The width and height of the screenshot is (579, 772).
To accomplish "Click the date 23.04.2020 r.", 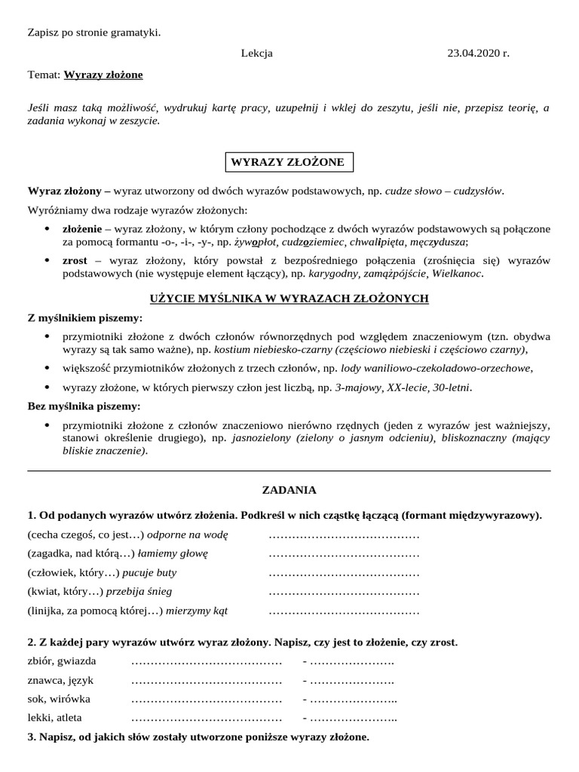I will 478,54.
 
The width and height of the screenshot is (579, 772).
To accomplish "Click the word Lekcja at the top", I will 257,54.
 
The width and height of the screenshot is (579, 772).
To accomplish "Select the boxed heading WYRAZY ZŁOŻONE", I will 287,162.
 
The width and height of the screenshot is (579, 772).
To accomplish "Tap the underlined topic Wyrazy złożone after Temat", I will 103,75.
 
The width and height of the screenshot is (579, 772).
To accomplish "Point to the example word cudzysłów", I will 478,190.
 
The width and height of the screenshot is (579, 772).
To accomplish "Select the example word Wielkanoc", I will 457,274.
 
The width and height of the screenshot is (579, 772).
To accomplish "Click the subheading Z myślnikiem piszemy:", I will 84,318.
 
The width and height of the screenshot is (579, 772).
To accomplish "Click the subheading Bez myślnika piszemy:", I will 83,406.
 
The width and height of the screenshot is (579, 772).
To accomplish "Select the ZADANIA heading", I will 289,489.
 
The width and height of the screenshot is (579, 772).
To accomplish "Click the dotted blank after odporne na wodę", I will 344,535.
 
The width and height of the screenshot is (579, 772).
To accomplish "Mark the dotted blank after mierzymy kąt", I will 344,610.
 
